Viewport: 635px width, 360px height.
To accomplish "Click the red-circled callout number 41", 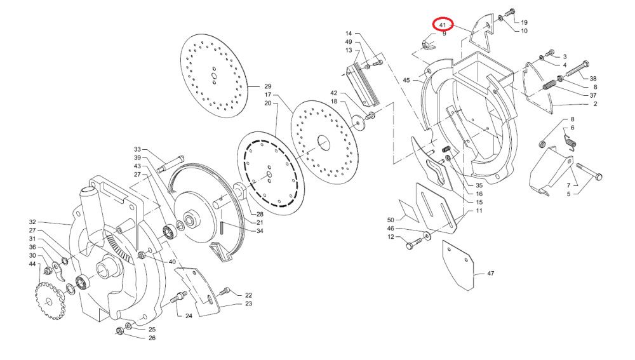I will click(443, 25).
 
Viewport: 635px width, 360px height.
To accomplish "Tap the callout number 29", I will click(267, 86).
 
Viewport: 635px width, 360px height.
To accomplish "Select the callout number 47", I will click(490, 274).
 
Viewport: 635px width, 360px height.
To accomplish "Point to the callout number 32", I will click(32, 222).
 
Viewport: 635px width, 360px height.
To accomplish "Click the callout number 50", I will click(391, 220).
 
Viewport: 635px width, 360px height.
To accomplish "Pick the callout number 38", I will click(592, 79).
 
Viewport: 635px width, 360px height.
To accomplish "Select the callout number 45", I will click(406, 81).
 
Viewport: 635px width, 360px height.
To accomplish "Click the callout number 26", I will click(152, 338).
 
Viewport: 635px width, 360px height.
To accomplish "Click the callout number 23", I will click(248, 304).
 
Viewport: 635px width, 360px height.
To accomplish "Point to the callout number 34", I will click(260, 231).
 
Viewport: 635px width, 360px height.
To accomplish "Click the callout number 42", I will click(334, 93).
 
